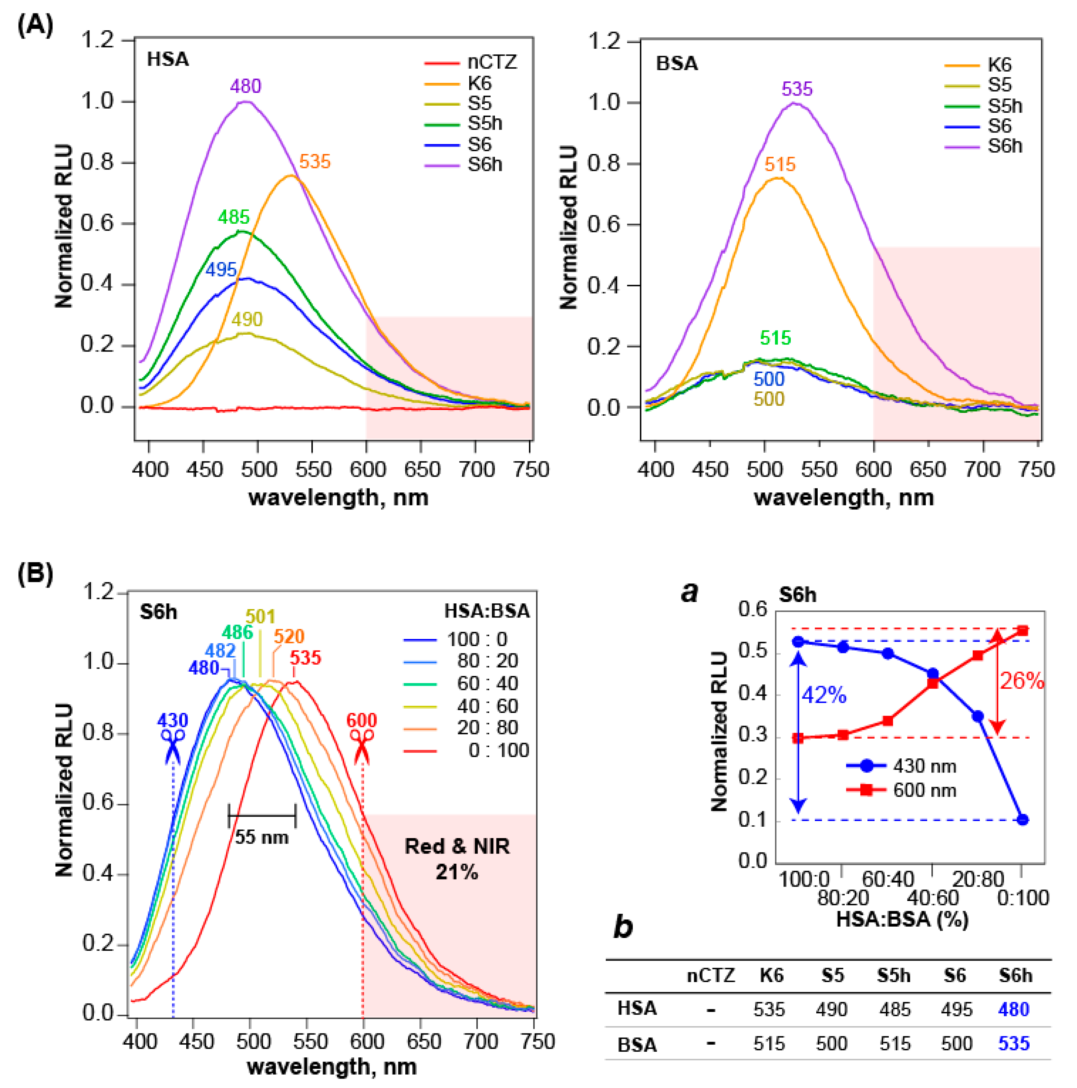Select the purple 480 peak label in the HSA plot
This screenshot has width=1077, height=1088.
(246, 86)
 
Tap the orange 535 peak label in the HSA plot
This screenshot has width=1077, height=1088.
(314, 162)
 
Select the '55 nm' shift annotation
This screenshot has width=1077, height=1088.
(261, 837)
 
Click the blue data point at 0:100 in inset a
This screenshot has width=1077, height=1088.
(1023, 819)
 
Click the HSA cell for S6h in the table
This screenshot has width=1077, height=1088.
(1014, 1009)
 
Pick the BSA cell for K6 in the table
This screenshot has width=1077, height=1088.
(769, 1044)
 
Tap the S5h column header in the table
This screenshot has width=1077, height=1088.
(893, 975)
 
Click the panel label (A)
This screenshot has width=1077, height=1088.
(35, 25)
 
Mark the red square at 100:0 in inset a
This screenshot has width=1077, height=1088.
(797, 738)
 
